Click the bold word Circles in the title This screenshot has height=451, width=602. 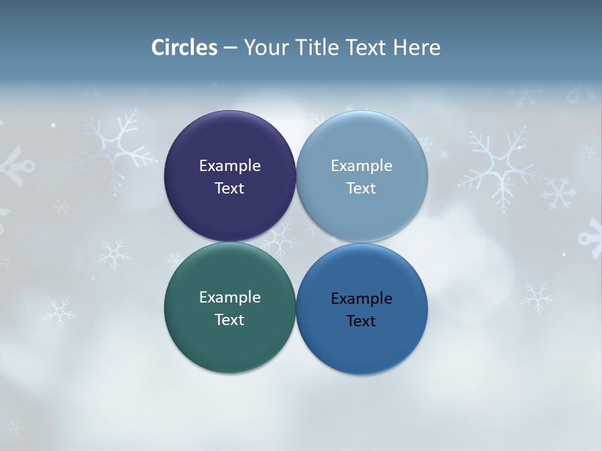184,48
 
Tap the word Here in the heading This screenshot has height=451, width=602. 417,48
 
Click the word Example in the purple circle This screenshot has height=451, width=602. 230,165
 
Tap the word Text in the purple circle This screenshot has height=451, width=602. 230,188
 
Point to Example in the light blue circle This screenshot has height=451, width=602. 362,165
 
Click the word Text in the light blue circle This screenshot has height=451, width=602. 362,188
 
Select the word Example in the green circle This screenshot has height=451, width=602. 230,297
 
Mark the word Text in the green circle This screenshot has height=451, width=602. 230,319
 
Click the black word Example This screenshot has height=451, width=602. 362,298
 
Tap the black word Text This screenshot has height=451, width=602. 362,321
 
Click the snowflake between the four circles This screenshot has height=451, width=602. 282,241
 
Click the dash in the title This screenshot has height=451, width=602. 230,48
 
